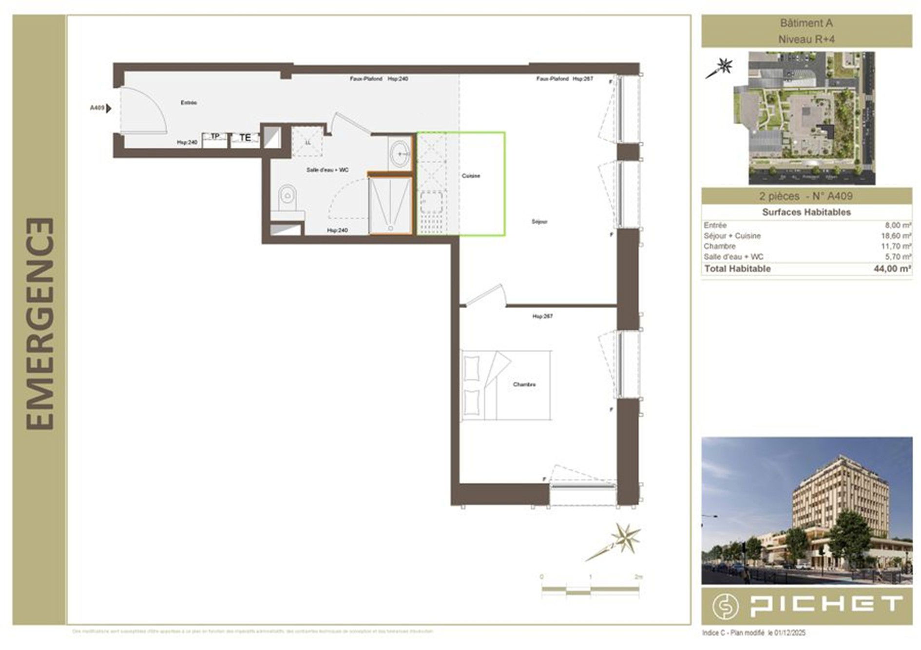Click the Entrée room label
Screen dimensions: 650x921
[x=189, y=103]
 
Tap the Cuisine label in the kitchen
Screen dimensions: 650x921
[x=471, y=176]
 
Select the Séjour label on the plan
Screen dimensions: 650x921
[x=539, y=222]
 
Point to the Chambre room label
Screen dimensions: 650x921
[x=524, y=384]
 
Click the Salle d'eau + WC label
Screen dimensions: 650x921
[x=327, y=170]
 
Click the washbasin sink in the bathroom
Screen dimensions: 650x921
[x=401, y=153]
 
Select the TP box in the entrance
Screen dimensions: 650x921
[x=215, y=137]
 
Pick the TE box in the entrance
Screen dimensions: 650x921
[x=245, y=138]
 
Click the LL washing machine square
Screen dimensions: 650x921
[x=307, y=142]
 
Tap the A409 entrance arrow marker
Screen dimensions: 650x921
[x=108, y=108]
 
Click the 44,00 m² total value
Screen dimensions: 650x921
[x=892, y=268]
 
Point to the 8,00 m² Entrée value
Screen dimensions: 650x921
[x=898, y=225]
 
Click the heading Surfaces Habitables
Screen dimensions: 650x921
[x=806, y=212]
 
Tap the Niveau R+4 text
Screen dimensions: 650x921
[x=806, y=39]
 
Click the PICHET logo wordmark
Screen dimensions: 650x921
[x=825, y=606]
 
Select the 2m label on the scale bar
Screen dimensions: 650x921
[x=638, y=577]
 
